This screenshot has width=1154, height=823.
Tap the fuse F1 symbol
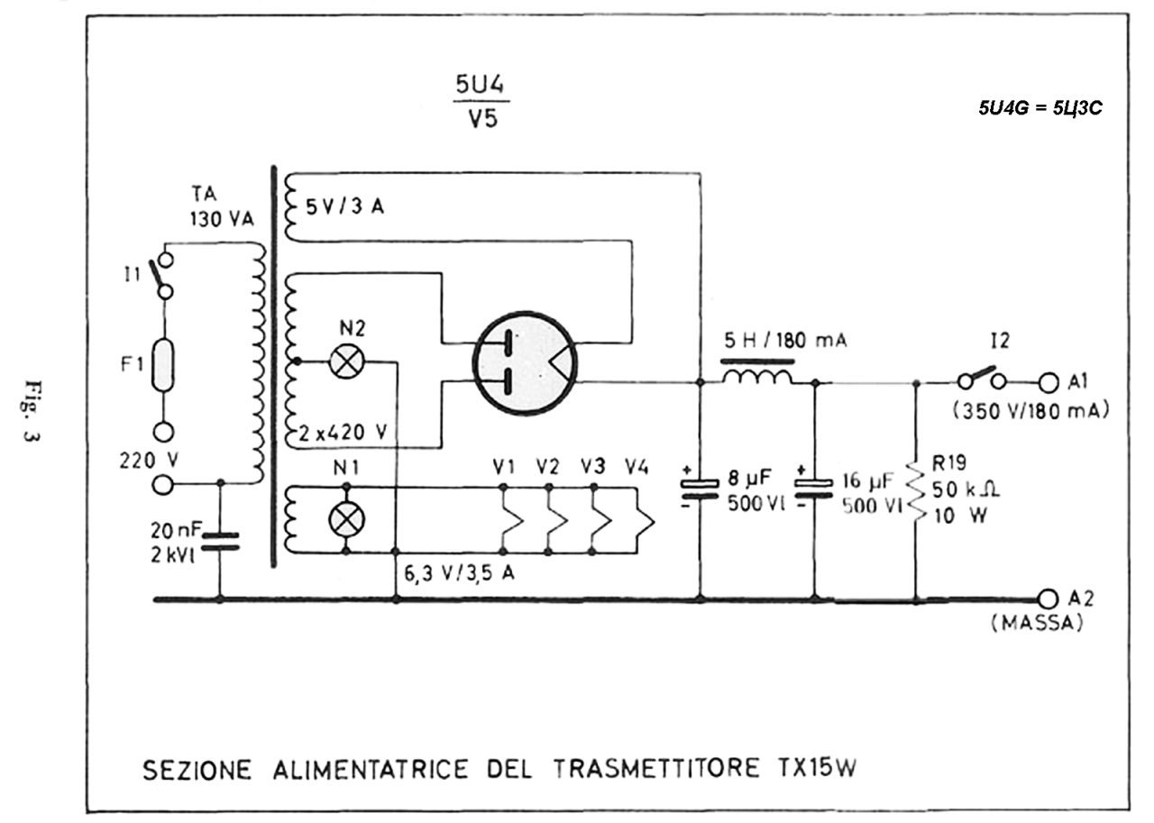coord(163,365)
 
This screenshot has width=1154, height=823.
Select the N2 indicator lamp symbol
coord(346,361)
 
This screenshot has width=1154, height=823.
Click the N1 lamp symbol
coord(346,518)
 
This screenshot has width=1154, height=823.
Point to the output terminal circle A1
coord(1047,383)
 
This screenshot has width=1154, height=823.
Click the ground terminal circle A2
coord(1047,599)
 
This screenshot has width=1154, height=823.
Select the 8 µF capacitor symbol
coord(700,489)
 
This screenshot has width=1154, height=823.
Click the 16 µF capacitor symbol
coord(814,489)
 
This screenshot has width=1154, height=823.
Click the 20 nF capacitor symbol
coord(220,541)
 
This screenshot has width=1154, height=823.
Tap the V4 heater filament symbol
coord(644,520)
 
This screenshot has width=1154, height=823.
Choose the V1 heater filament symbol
coord(513,520)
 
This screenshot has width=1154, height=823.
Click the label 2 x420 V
coord(343,434)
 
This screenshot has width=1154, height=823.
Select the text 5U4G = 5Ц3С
coord(1040,108)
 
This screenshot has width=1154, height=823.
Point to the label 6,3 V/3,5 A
coord(459,573)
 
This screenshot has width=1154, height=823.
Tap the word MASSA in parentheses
coord(1037,623)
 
